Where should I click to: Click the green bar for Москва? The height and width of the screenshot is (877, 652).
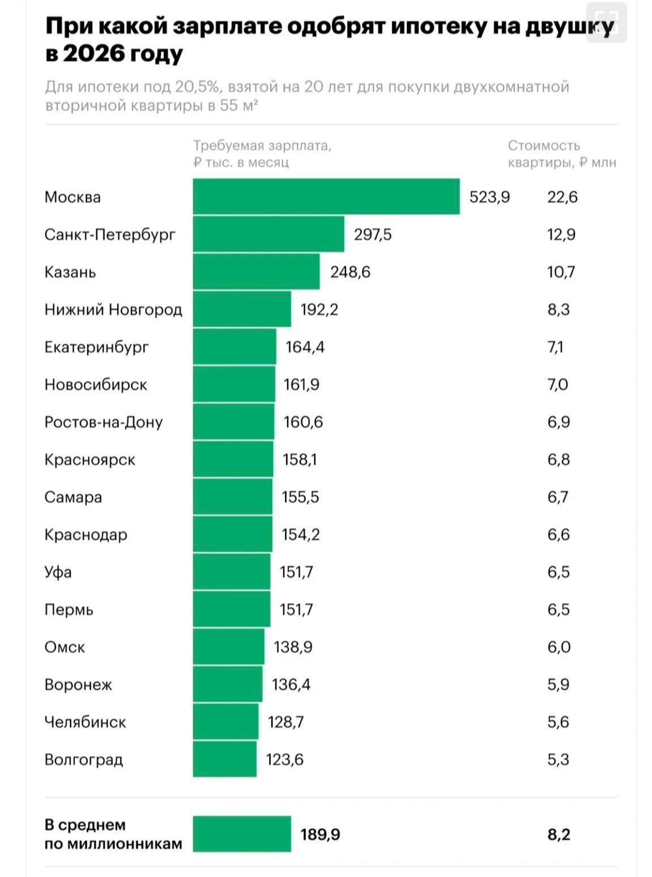[326, 197]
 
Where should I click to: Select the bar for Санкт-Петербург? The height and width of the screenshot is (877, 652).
[268, 234]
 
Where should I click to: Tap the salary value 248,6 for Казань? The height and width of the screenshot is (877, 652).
[350, 272]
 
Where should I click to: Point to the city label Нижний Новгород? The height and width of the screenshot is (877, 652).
[113, 310]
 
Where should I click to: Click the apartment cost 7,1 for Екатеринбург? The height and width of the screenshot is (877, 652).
[555, 347]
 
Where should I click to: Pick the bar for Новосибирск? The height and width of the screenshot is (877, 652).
[234, 384]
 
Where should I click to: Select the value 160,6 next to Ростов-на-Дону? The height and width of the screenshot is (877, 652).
[303, 422]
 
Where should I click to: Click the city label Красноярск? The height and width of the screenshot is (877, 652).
[90, 459]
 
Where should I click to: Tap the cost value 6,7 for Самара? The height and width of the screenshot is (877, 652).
[558, 497]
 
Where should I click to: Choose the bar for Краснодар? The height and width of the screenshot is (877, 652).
[232, 534]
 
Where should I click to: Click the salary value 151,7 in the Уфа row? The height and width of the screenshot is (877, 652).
[296, 571]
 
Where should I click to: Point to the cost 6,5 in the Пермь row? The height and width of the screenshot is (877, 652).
[558, 609]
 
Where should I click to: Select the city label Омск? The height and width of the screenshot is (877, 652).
[65, 647]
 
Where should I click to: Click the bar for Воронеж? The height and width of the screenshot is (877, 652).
[227, 684]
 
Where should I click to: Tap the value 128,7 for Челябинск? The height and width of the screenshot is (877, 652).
[285, 722]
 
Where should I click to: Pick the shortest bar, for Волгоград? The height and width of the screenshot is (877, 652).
[224, 759]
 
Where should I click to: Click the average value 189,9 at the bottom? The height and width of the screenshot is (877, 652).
[320, 834]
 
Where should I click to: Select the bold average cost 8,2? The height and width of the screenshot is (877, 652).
[559, 834]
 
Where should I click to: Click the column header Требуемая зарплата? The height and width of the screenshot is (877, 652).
[262, 146]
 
